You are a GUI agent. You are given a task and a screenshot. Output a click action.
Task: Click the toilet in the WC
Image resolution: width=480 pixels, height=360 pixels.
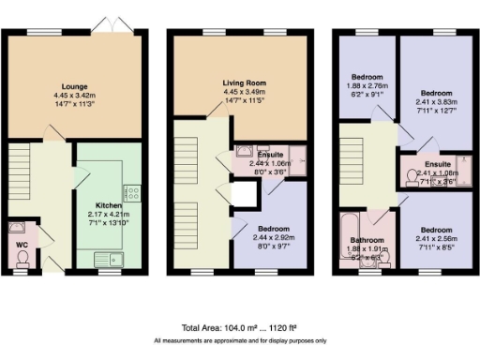coord(21,263)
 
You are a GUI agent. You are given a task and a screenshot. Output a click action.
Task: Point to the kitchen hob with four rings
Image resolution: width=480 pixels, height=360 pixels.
coord(132,194)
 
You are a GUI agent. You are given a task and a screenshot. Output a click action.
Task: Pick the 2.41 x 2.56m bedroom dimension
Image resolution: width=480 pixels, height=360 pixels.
coord(435,238)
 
